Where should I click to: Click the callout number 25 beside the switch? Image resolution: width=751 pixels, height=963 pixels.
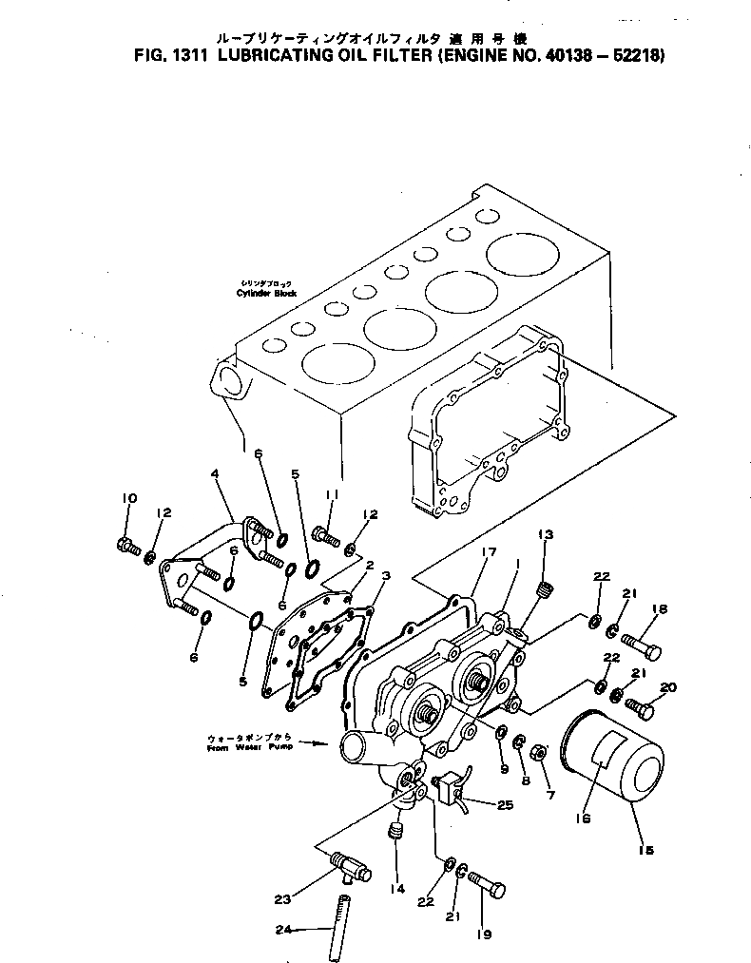coord(505,804)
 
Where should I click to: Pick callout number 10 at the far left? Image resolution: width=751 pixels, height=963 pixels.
coord(129,497)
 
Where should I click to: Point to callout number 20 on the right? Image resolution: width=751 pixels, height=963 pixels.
coord(667,687)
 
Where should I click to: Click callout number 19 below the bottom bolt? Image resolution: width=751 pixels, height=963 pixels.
coord(485,934)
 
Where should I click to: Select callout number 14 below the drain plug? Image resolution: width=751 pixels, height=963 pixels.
coord(396,889)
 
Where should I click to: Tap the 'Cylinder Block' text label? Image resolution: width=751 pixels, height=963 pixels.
coord(266,294)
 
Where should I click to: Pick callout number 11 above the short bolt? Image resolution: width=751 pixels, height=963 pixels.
coord(332,494)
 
